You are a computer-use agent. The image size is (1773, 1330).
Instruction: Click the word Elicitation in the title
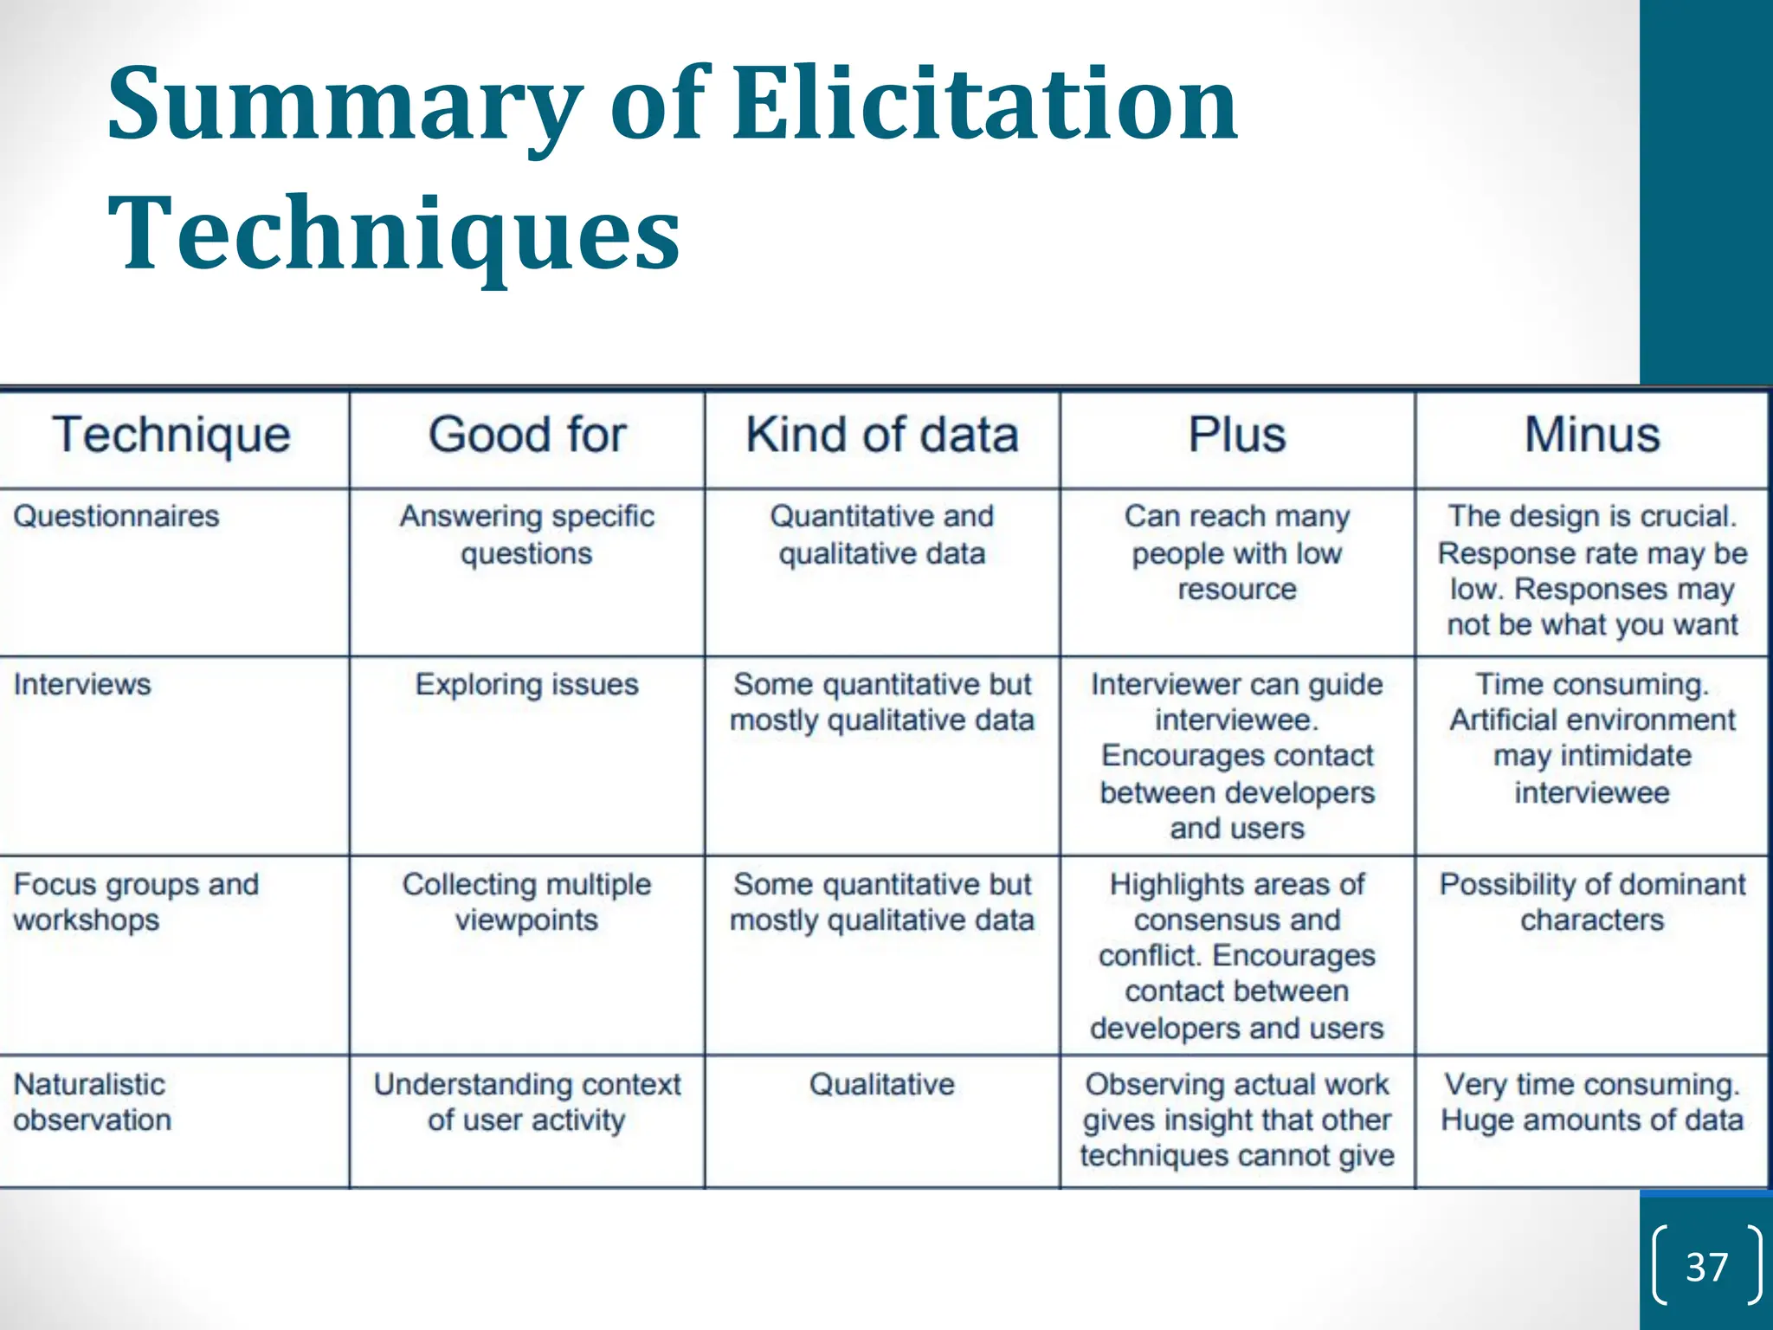pyautogui.click(x=985, y=106)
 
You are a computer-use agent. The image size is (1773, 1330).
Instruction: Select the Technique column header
pyautogui.click(x=171, y=435)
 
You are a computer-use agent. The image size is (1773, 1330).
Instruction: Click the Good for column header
pyautogui.click(x=526, y=435)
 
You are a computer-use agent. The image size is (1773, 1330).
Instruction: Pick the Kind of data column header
pyautogui.click(x=881, y=435)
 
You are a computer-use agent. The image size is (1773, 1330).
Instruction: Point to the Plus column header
pyautogui.click(x=1236, y=435)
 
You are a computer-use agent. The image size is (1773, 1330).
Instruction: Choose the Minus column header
pyautogui.click(x=1591, y=435)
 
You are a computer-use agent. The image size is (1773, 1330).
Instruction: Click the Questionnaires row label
pyautogui.click(x=116, y=516)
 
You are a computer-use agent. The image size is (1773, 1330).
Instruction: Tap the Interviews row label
pyautogui.click(x=82, y=684)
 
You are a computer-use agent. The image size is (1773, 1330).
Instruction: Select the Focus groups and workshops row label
pyautogui.click(x=136, y=901)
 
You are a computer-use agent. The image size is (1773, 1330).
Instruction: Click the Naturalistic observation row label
pyautogui.click(x=92, y=1101)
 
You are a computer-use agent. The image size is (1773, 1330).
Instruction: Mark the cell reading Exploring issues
pyautogui.click(x=526, y=684)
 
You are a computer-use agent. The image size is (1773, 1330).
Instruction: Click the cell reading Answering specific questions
pyautogui.click(x=526, y=534)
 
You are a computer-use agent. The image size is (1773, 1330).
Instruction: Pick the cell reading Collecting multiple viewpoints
pyautogui.click(x=526, y=901)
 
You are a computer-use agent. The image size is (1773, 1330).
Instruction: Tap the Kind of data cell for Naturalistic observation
pyautogui.click(x=881, y=1084)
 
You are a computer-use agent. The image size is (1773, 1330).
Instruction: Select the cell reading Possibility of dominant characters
pyautogui.click(x=1591, y=901)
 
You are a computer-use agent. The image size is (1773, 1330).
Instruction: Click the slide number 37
pyautogui.click(x=1706, y=1267)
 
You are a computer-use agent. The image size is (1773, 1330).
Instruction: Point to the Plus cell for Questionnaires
pyautogui.click(x=1236, y=552)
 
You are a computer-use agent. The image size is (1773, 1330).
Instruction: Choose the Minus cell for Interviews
pyautogui.click(x=1591, y=738)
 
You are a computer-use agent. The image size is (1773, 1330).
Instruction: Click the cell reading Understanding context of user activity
pyautogui.click(x=526, y=1101)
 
